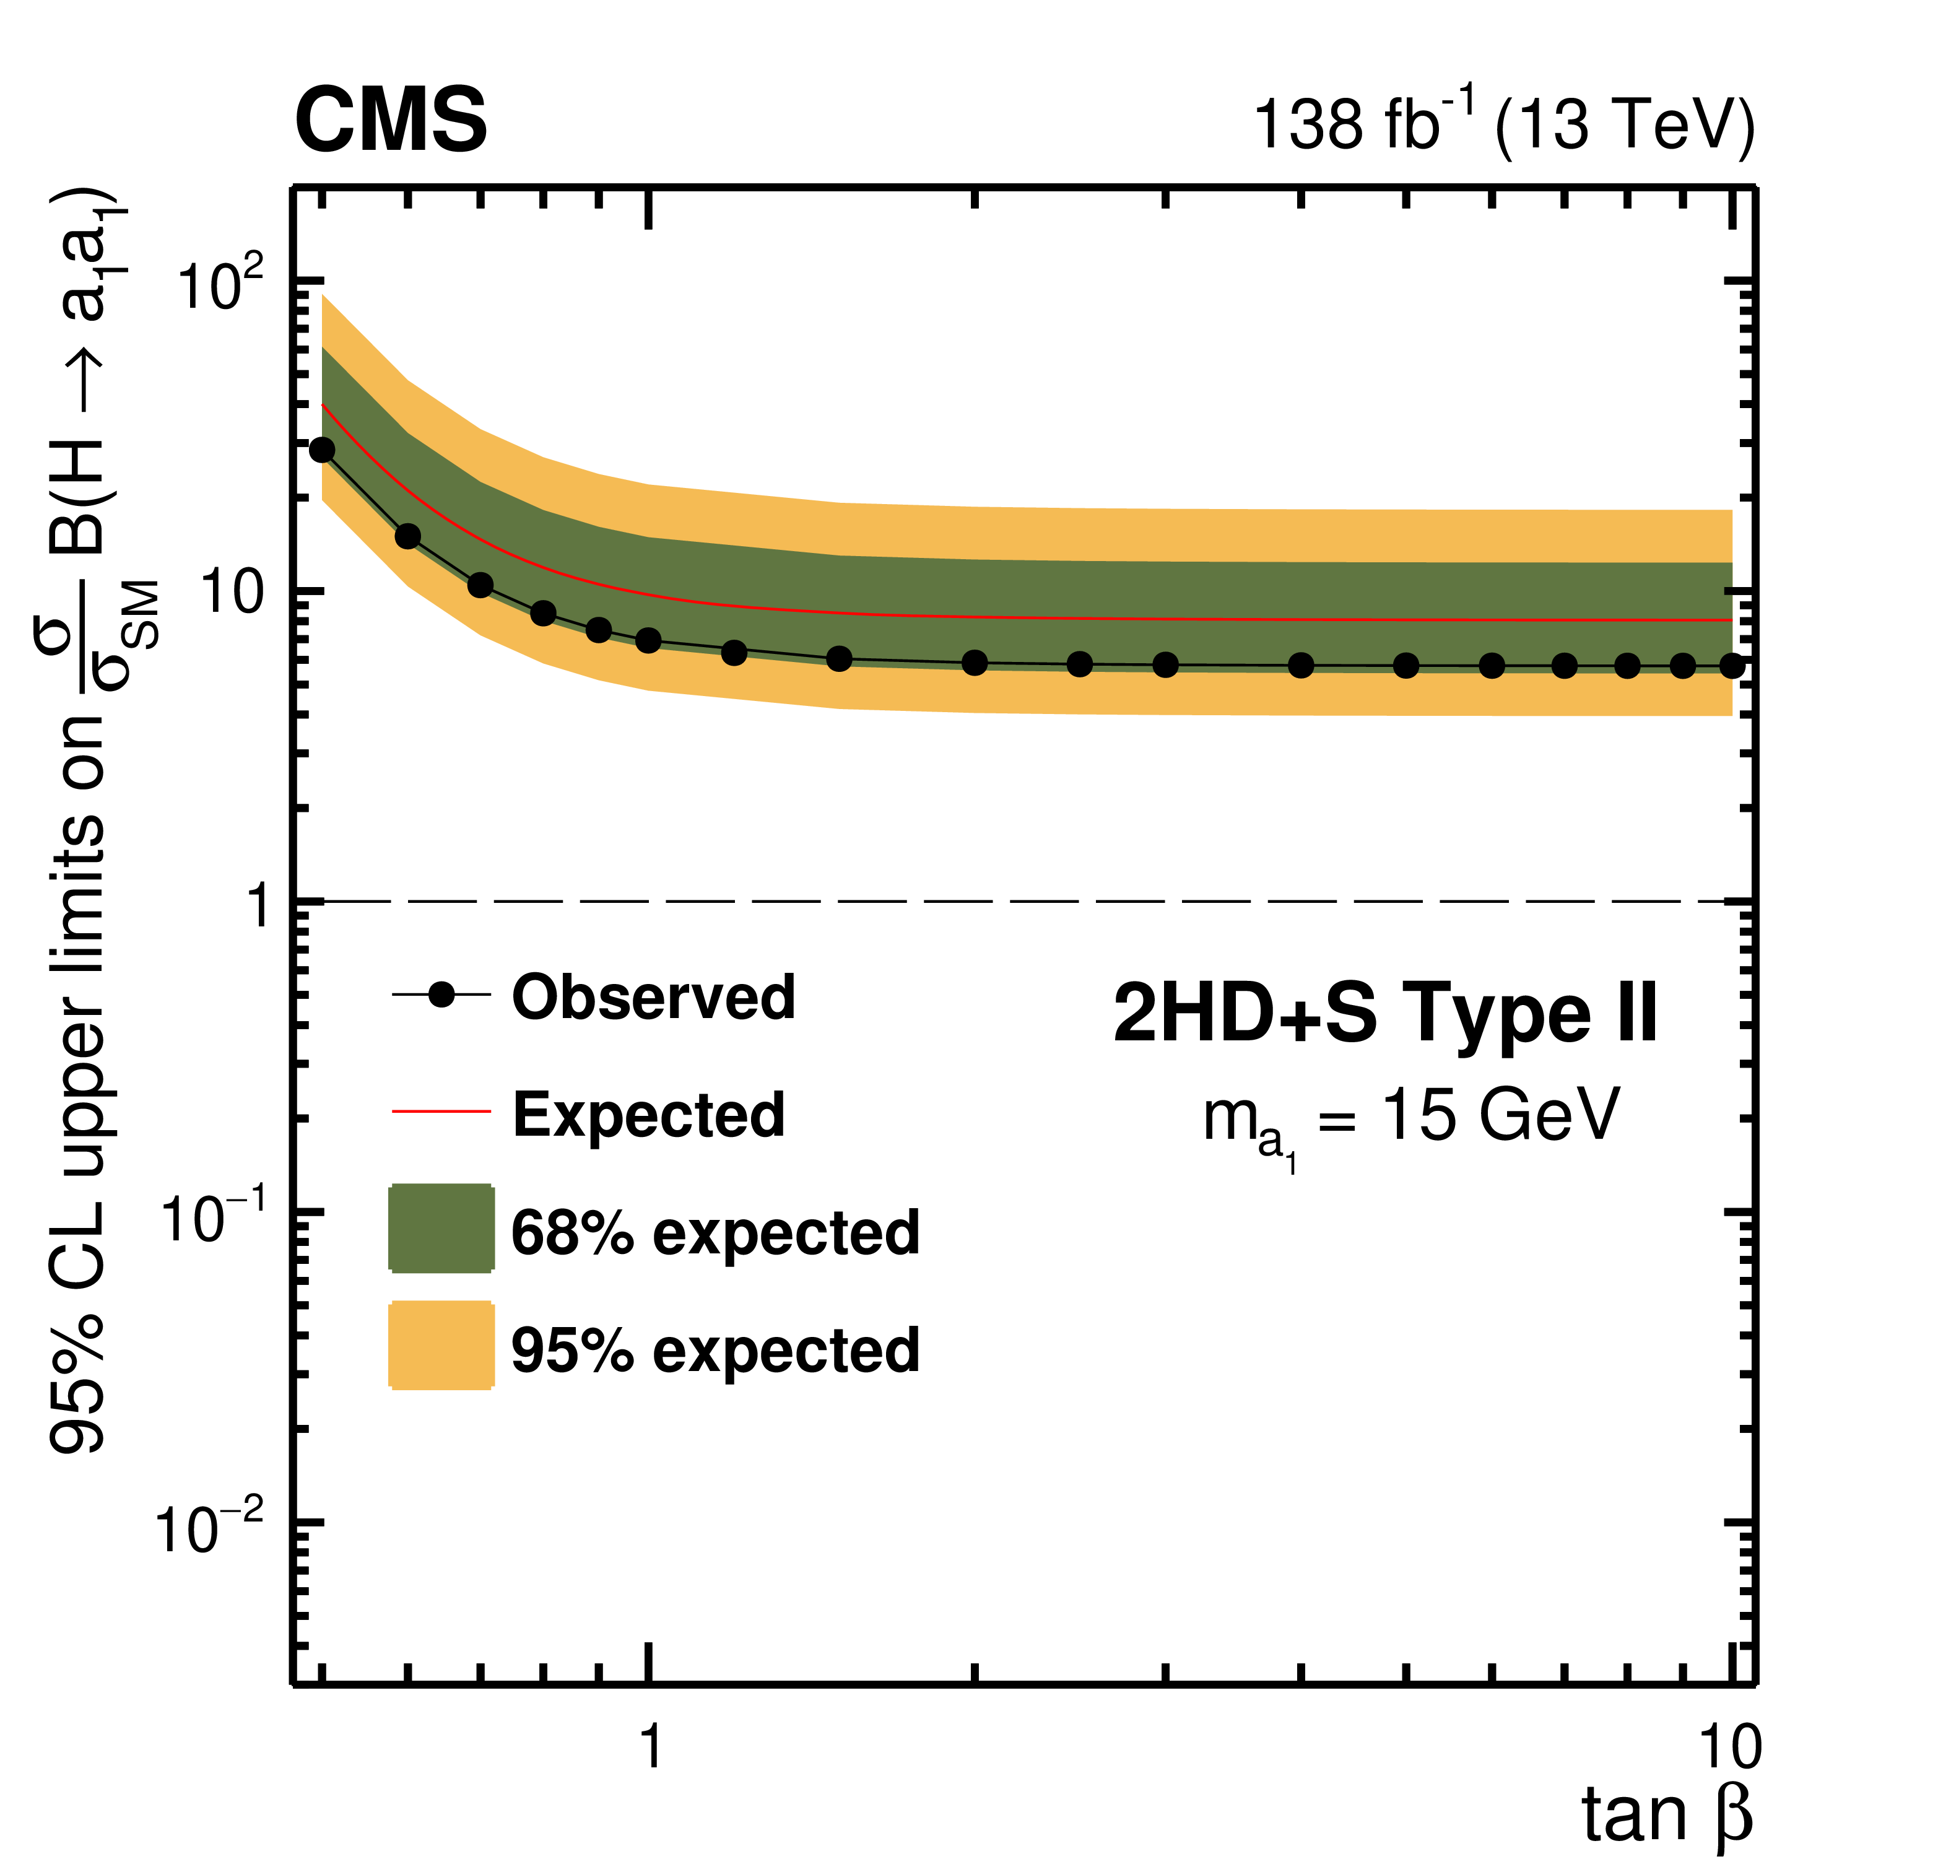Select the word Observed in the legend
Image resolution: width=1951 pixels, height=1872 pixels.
(653, 997)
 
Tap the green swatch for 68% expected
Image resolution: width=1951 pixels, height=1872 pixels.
(441, 1228)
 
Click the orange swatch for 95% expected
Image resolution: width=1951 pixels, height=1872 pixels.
(441, 1344)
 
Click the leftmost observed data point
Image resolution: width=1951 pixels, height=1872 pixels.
(321, 450)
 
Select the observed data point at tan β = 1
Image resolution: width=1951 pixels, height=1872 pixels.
(648, 640)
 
